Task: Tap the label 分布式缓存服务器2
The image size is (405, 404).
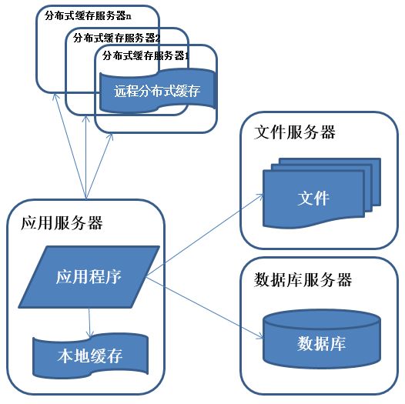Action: coord(116,37)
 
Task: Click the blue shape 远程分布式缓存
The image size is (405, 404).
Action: coord(156,91)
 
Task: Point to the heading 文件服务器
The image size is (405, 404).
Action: coord(295,132)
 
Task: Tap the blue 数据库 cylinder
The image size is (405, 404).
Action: coord(321,339)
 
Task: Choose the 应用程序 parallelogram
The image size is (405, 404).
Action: coord(89,275)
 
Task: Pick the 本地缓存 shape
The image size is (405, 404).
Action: coord(90,356)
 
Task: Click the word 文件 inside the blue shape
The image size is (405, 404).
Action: coord(313,199)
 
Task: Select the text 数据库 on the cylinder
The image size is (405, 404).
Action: coord(321,343)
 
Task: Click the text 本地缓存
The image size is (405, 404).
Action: coord(90,358)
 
